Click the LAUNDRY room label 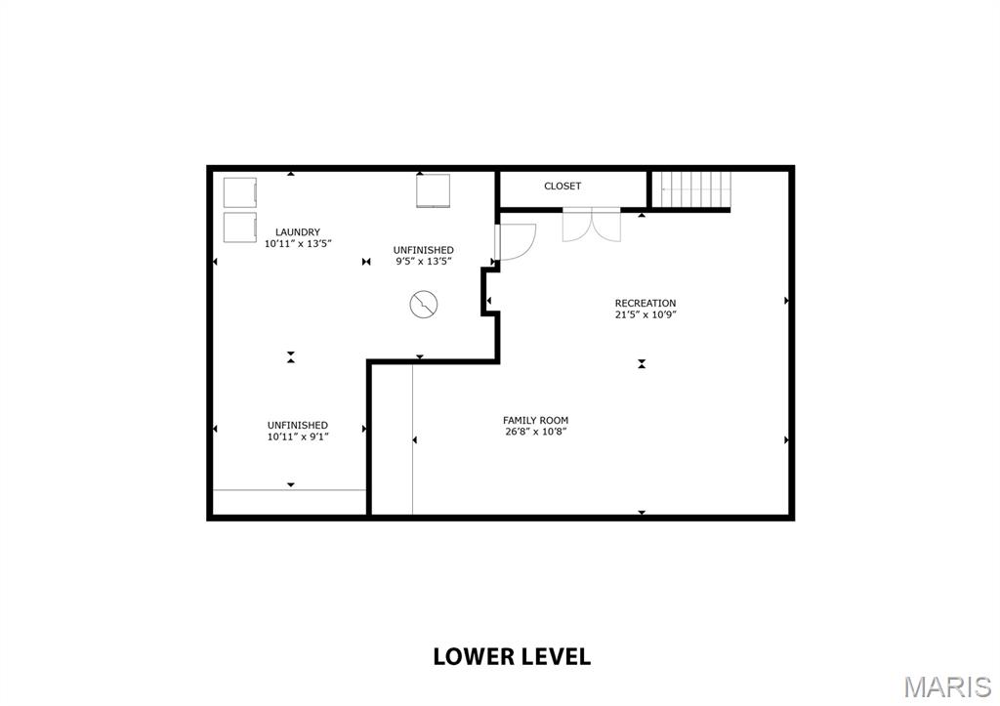coord(298,232)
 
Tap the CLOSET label coord(562,187)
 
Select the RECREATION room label coord(646,303)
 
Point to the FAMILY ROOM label coord(536,420)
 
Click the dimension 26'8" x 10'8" coord(536,432)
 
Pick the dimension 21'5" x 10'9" coord(646,314)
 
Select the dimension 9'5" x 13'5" coord(424,262)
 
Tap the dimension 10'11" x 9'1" coord(298,436)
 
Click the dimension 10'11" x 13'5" coord(298,243)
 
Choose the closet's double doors coord(591,225)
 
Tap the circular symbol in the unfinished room coord(424,305)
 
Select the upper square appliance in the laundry coord(240,192)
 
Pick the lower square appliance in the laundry coord(240,228)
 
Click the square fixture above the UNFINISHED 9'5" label coord(433,190)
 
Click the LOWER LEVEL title coord(512,656)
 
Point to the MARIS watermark coord(947,686)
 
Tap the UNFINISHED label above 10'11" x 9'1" coord(298,426)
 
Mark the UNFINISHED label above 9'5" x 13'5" coord(424,250)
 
